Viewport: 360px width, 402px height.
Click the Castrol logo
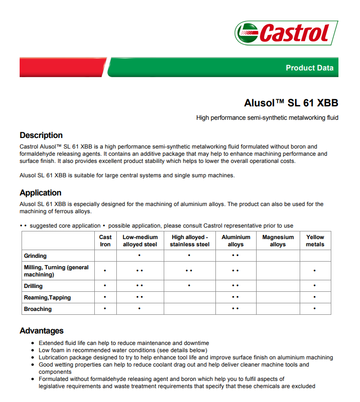tap(286, 33)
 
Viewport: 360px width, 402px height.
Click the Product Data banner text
tap(309, 68)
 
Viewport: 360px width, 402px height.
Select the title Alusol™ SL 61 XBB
tap(291, 103)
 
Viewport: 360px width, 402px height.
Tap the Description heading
tap(41, 135)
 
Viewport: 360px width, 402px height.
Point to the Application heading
tap(40, 193)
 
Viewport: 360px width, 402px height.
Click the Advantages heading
tap(42, 331)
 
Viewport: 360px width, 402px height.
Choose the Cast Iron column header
tap(105, 241)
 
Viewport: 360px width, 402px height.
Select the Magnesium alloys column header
tap(278, 241)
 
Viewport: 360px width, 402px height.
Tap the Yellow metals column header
tap(315, 241)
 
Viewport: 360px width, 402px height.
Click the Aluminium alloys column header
tap(236, 241)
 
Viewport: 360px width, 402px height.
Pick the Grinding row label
tap(35, 256)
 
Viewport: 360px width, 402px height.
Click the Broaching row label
tap(38, 309)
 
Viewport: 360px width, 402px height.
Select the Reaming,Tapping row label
tap(47, 298)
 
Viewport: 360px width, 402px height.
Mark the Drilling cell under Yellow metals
tap(315, 286)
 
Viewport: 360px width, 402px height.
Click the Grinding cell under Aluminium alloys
tap(235, 255)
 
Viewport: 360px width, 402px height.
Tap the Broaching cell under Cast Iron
tap(105, 309)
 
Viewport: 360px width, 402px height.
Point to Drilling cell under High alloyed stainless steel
tap(190, 286)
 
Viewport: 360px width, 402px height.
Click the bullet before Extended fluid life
tap(33, 343)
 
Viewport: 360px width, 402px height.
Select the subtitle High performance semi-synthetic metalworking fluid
tap(267, 117)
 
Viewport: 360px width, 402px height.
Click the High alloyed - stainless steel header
tap(190, 241)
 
